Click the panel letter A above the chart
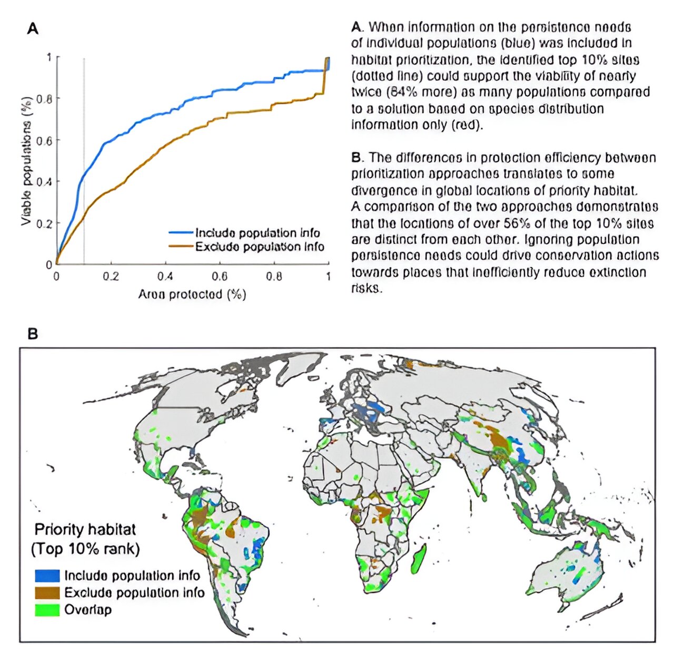point(33,29)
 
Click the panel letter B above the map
point(33,334)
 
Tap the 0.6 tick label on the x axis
point(220,276)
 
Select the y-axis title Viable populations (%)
point(26,161)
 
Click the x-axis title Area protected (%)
point(192,294)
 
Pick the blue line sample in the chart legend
point(181,232)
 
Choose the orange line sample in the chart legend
point(181,246)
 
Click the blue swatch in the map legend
point(47,575)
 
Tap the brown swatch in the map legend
point(47,592)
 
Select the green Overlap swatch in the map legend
point(47,610)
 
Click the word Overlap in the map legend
point(88,610)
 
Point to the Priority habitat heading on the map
point(85,529)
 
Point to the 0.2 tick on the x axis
point(111,276)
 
